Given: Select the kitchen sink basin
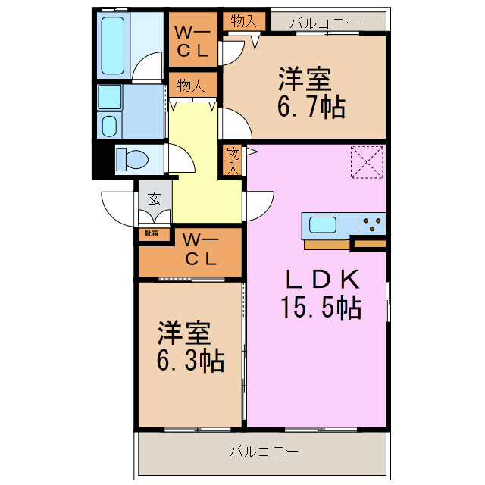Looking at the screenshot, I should pos(323,226).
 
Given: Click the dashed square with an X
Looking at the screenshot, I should pos(368,161).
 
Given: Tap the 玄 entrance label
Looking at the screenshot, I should pos(155,200).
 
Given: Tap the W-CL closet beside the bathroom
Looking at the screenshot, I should pos(191,42).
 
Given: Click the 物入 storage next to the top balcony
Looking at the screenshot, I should pos(244,21).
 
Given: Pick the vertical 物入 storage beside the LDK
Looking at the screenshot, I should pos(233,161).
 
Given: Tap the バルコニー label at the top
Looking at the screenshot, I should pos(324,23).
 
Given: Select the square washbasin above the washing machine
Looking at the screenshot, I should pos(109,97).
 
